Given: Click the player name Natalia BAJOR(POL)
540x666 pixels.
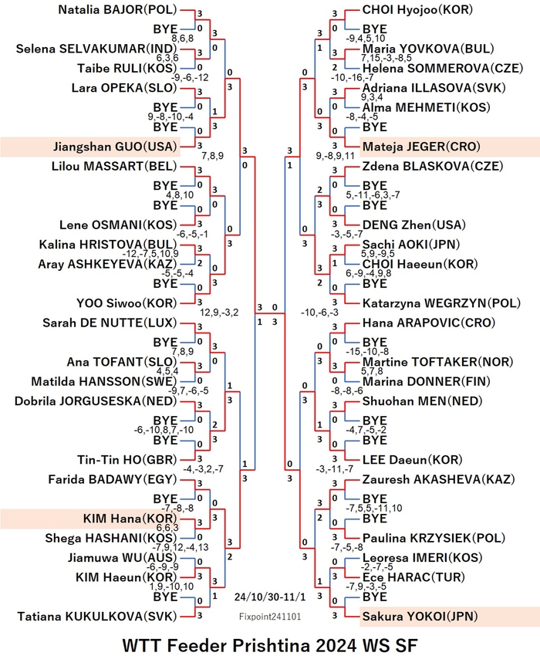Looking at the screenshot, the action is pyautogui.click(x=117, y=10).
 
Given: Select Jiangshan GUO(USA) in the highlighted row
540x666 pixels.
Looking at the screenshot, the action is pyautogui.click(x=115, y=147).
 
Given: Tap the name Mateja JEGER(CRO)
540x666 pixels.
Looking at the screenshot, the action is pyautogui.click(x=421, y=147).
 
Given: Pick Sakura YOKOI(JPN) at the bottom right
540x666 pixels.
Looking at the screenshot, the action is pyautogui.click(x=420, y=617).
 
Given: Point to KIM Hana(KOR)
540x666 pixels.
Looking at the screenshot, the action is pyautogui.click(x=130, y=519).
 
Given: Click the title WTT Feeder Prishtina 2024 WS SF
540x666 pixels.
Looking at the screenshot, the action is pyautogui.click(x=270, y=646).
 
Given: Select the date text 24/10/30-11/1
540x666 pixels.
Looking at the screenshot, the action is pyautogui.click(x=269, y=597).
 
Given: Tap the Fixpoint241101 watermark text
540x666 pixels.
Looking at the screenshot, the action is pyautogui.click(x=270, y=617).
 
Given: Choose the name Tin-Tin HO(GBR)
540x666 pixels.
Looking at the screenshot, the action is pyautogui.click(x=127, y=460).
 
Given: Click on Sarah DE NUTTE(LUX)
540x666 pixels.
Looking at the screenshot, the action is pyautogui.click(x=110, y=323).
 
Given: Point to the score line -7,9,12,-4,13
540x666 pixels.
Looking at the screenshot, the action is pyautogui.click(x=181, y=547).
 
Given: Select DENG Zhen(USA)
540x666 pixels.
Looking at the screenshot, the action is pyautogui.click(x=414, y=225).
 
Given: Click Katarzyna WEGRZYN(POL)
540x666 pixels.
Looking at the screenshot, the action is pyautogui.click(x=441, y=303).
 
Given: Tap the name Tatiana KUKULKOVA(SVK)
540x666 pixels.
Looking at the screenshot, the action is pyautogui.click(x=96, y=617).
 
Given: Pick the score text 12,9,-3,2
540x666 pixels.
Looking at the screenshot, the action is pyautogui.click(x=219, y=313).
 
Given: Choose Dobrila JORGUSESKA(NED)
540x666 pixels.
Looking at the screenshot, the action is pyautogui.click(x=96, y=401).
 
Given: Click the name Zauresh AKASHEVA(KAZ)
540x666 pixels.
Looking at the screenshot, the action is pyautogui.click(x=438, y=479).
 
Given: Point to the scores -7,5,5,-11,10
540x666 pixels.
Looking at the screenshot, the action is pyautogui.click(x=374, y=508).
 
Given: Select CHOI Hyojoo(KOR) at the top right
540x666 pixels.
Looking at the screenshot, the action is pyautogui.click(x=417, y=10).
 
